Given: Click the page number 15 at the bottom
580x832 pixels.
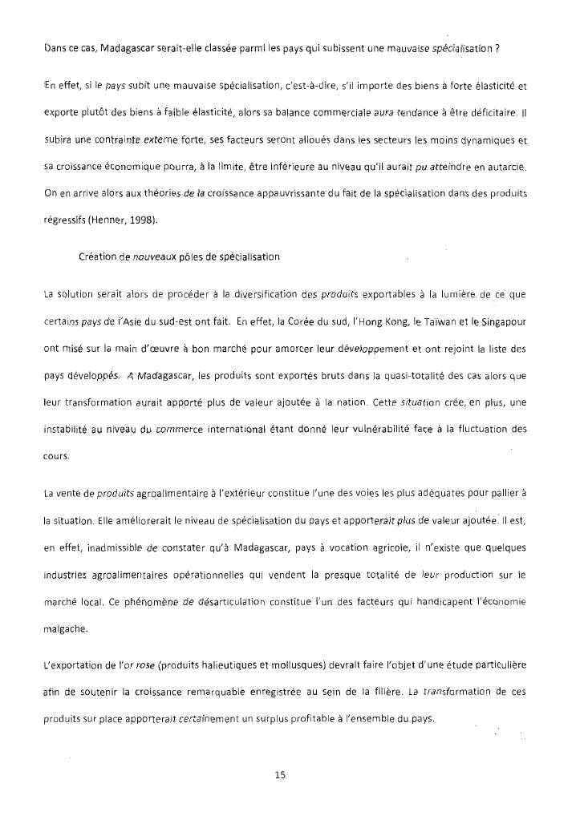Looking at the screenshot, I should (x=280, y=775).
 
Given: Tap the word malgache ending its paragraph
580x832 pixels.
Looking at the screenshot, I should (x=67, y=629).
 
